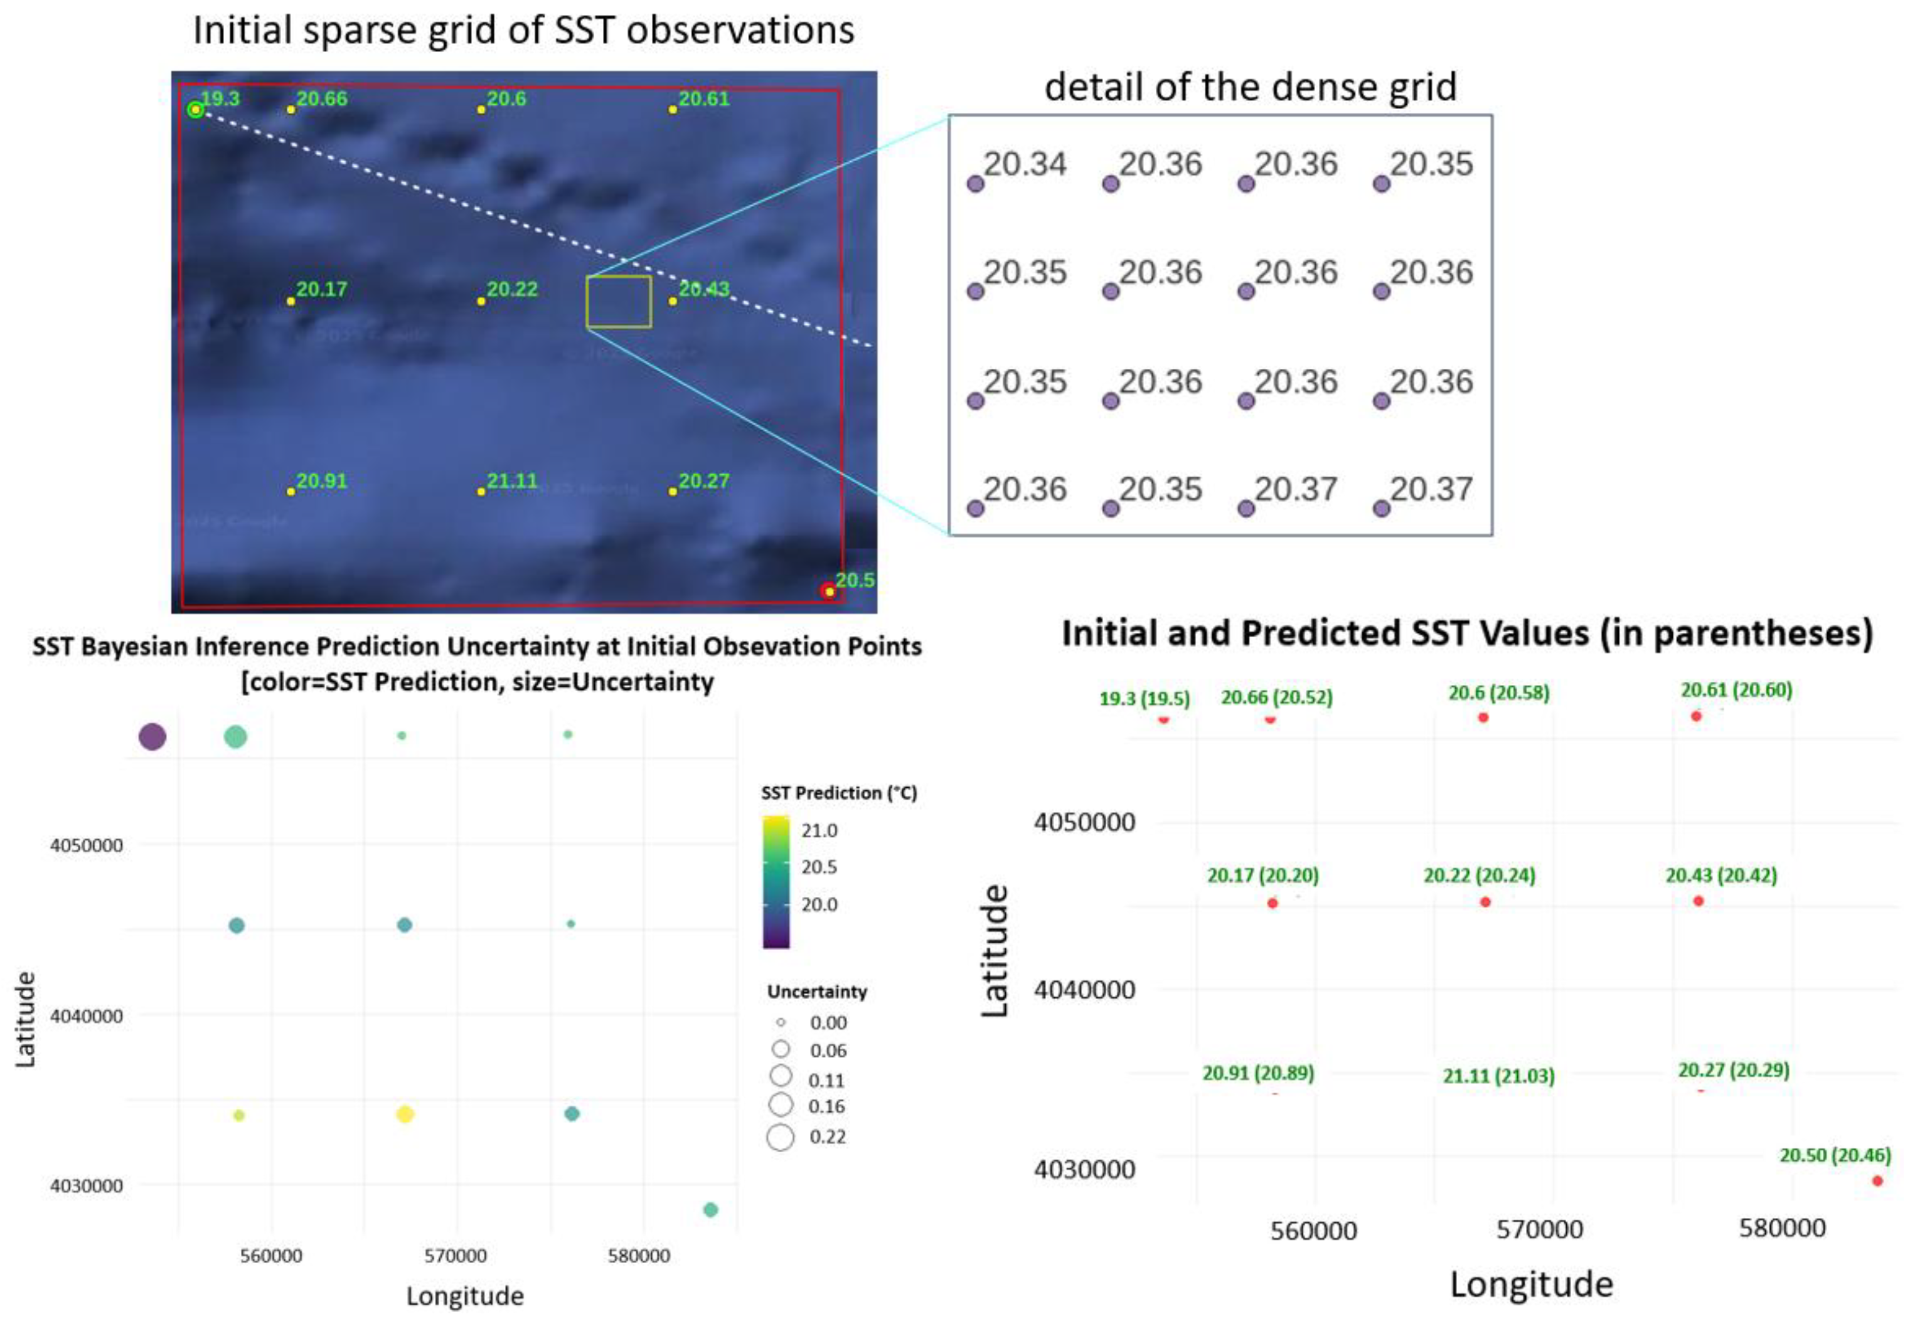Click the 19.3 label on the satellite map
click(x=220, y=98)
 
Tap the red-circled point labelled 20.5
click(x=828, y=591)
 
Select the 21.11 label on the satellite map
click(x=511, y=481)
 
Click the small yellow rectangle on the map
click(x=618, y=301)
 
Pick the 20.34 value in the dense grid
click(x=1024, y=164)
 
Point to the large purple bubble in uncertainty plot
click(x=152, y=736)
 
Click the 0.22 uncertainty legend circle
click(x=780, y=1136)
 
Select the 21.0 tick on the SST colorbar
click(x=819, y=830)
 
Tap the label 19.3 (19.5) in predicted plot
click(x=1143, y=699)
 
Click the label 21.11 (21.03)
click(x=1498, y=1076)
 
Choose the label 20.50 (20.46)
click(x=1835, y=1155)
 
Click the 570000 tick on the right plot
click(x=1539, y=1229)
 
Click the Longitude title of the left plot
click(x=464, y=1296)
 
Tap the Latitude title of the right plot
click(x=995, y=951)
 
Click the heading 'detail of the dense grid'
click(x=1249, y=87)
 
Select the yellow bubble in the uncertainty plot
click(x=404, y=1114)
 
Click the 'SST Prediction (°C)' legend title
click(x=838, y=793)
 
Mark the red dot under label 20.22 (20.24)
click(x=1485, y=902)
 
